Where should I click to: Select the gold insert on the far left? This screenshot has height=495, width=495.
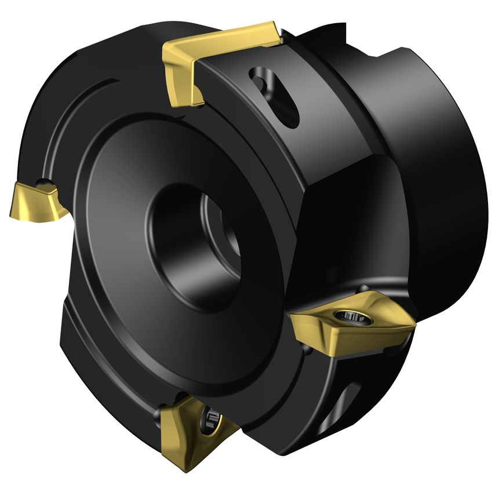tap(35, 201)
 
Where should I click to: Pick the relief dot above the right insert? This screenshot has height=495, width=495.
tap(362, 288)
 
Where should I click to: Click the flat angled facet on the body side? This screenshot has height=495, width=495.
tap(342, 232)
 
